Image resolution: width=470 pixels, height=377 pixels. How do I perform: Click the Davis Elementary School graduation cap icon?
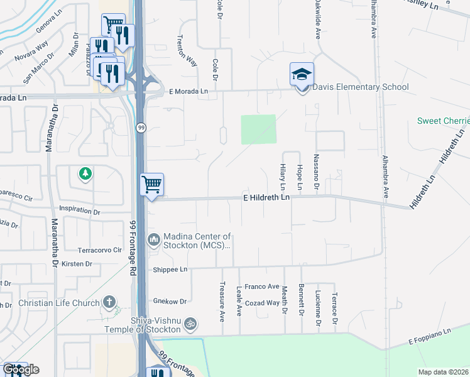click(302, 74)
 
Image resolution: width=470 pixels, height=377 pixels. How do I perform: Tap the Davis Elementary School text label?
click(360, 87)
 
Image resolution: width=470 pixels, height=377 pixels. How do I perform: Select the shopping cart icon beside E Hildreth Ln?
click(151, 185)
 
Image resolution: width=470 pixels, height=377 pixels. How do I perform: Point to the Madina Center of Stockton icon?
click(154, 239)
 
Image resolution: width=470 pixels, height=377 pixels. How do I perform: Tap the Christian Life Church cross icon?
click(109, 303)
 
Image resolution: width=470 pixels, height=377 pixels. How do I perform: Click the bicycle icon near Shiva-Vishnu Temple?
click(191, 325)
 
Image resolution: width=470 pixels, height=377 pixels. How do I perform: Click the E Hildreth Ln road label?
click(266, 197)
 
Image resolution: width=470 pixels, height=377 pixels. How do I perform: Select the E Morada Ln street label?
click(189, 91)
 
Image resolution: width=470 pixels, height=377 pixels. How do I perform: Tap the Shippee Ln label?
click(170, 270)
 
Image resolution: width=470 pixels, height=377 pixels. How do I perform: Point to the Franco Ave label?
click(261, 287)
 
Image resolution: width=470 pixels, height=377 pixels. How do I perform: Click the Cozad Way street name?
click(262, 303)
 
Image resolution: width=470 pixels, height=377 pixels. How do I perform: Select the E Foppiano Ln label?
click(430, 337)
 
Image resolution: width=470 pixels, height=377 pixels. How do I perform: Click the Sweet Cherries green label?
click(444, 121)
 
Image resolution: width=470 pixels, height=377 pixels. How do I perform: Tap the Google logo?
click(20, 369)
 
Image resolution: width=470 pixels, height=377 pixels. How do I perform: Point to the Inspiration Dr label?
click(79, 211)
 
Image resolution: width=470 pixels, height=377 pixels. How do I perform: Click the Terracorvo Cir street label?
click(99, 249)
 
